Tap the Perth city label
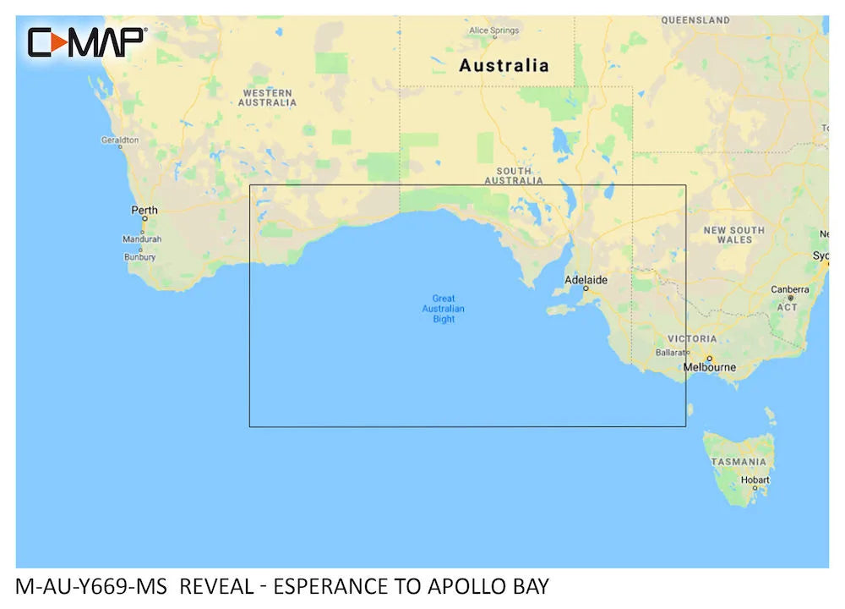[144, 210]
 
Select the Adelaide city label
[586, 280]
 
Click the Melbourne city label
[710, 367]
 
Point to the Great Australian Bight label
[444, 309]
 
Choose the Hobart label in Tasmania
[755, 480]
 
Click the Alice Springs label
[494, 30]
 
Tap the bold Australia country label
[504, 65]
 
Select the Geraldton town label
[120, 140]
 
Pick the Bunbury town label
[139, 256]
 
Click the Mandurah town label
[142, 239]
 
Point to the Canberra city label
[790, 289]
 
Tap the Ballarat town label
[673, 352]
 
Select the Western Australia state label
[267, 97]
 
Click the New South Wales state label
[733, 234]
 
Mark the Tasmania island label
[739, 462]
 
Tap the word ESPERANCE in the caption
[322, 586]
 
